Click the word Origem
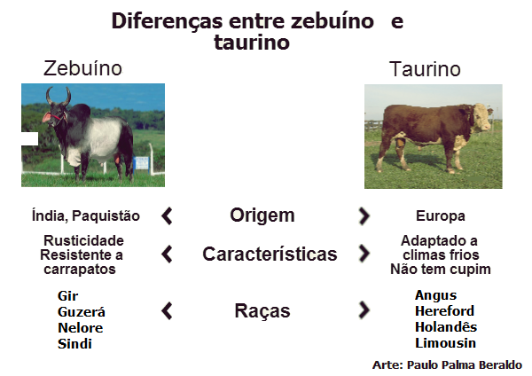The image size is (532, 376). pyautogui.click(x=262, y=215)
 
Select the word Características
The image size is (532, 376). pyautogui.click(x=270, y=255)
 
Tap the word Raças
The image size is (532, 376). pyautogui.click(x=262, y=311)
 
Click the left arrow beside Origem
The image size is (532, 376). pyautogui.click(x=166, y=215)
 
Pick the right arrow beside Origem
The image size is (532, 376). pyautogui.click(x=364, y=215)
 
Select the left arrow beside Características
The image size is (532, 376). pyautogui.click(x=166, y=255)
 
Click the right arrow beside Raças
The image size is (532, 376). pyautogui.click(x=364, y=310)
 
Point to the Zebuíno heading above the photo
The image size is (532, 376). pyautogui.click(x=83, y=68)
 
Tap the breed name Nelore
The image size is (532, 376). pyautogui.click(x=80, y=328)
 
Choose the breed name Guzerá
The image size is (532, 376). pyautogui.click(x=81, y=312)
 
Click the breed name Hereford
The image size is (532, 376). pyautogui.click(x=444, y=311)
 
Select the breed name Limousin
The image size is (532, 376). pyautogui.click(x=445, y=343)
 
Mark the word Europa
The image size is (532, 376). pyautogui.click(x=440, y=216)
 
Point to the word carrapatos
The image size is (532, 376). pyautogui.click(x=83, y=270)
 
